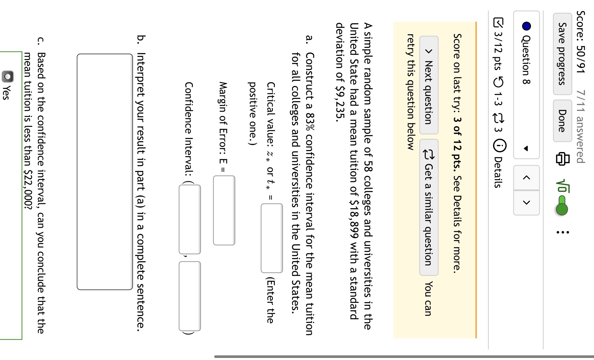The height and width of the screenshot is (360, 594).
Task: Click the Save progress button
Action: pyautogui.click(x=562, y=54)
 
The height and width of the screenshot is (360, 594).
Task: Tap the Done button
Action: pyautogui.click(x=562, y=121)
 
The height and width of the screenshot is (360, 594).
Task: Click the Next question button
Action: pyautogui.click(x=429, y=85)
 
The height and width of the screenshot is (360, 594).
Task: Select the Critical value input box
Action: pyautogui.click(x=272, y=238)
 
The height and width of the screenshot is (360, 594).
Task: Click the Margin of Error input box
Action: pyautogui.click(x=224, y=210)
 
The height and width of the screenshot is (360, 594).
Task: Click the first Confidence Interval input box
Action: pyautogui.click(x=190, y=219)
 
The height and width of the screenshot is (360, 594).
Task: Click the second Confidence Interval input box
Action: pyautogui.click(x=190, y=296)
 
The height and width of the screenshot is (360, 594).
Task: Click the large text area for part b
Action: pyautogui.click(x=105, y=172)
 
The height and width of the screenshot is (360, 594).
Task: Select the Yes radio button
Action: pyautogui.click(x=8, y=76)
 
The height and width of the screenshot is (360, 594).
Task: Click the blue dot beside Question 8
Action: pyautogui.click(x=527, y=26)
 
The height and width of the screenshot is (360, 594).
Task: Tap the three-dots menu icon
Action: pyautogui.click(x=562, y=232)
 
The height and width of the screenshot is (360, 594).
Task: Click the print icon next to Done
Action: pyautogui.click(x=562, y=158)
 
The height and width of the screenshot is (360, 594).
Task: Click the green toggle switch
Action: pyautogui.click(x=562, y=205)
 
